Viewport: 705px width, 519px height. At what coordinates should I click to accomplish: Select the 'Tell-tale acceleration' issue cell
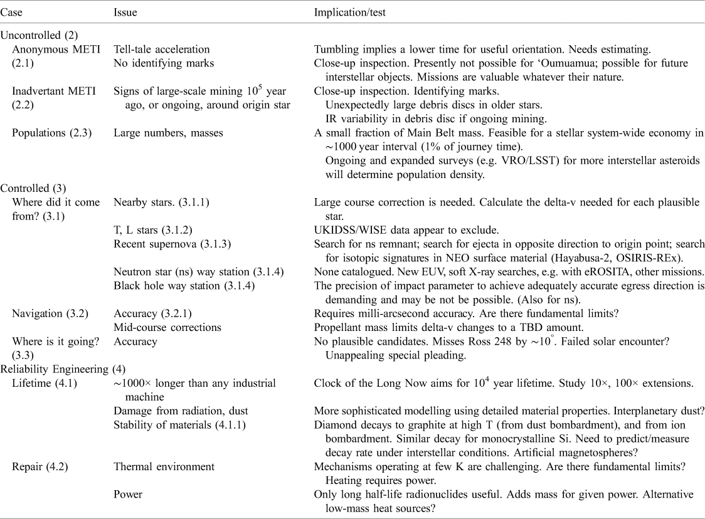161,49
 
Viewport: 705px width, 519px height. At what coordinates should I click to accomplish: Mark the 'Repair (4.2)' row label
38,466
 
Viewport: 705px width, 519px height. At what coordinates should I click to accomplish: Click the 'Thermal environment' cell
164,466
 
